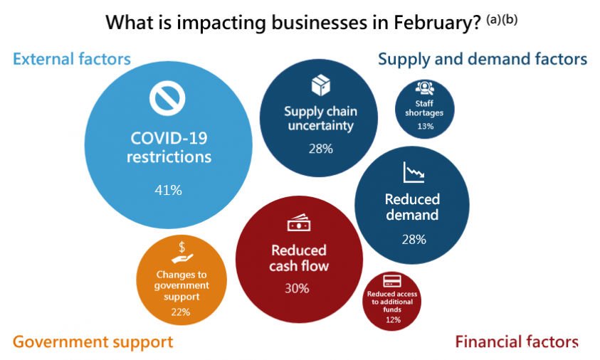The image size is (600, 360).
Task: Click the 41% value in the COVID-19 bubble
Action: click(x=169, y=190)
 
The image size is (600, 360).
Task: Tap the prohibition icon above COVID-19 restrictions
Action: click(x=167, y=98)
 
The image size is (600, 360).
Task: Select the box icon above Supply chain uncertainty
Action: click(x=321, y=85)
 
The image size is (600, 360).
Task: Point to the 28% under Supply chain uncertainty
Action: click(x=321, y=149)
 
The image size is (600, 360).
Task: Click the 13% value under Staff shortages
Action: click(x=426, y=126)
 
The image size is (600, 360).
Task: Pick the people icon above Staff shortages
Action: click(x=425, y=88)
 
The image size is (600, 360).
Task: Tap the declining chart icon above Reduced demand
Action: click(x=414, y=172)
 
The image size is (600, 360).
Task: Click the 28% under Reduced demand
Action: click(x=414, y=240)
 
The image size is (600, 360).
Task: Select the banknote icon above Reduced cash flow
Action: click(x=299, y=222)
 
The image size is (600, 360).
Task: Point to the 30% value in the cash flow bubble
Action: click(x=297, y=288)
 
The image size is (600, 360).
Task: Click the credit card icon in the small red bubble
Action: click(x=392, y=281)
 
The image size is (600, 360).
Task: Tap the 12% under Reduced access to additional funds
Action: click(x=393, y=319)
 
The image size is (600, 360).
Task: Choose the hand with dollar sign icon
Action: click(x=182, y=253)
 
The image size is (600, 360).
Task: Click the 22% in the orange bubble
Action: click(x=181, y=312)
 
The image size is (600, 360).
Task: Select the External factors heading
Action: click(x=72, y=59)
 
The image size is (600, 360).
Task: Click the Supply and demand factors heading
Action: click(x=483, y=59)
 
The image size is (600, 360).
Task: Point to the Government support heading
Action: click(x=93, y=342)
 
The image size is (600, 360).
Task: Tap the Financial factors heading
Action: click(x=517, y=342)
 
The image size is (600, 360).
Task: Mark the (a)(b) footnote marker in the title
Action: click(x=502, y=19)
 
